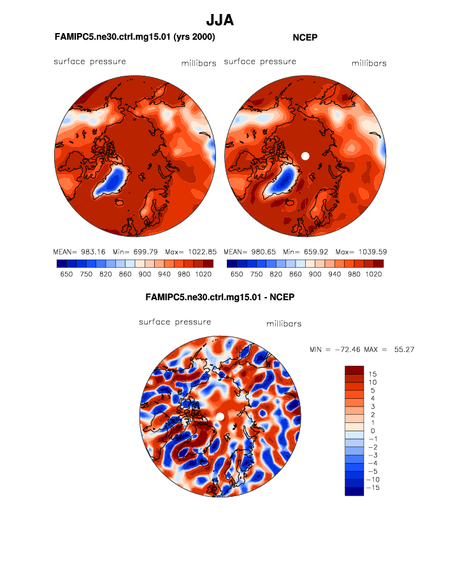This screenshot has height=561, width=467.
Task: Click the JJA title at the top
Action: [x=220, y=20]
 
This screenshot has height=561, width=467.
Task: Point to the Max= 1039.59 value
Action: [x=361, y=252]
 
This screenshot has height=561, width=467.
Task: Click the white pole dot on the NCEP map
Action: [x=305, y=155]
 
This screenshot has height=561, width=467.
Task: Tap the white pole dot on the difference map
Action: [x=220, y=416]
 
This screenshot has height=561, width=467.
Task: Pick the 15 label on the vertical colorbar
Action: [x=373, y=374]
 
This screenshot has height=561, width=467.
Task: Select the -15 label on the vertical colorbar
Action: [x=375, y=487]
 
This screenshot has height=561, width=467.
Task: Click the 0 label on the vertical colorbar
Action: [x=373, y=431]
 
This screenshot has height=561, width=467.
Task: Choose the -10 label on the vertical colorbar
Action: [x=375, y=478]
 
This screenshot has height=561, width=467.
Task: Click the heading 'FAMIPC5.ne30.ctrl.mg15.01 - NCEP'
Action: [x=220, y=296]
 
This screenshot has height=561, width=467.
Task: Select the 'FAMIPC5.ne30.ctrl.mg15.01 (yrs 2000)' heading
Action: [x=135, y=38]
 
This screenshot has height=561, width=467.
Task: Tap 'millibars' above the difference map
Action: [x=284, y=324]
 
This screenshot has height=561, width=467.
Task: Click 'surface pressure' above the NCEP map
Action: [x=260, y=62]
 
